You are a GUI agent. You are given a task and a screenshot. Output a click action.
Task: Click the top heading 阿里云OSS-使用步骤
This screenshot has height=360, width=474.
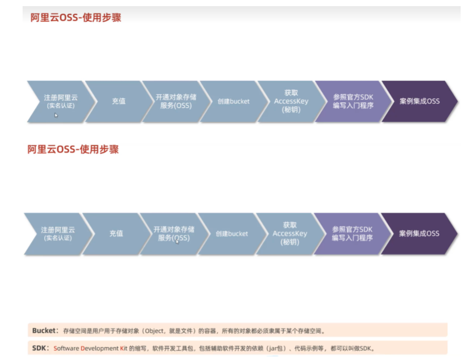pos(75,17)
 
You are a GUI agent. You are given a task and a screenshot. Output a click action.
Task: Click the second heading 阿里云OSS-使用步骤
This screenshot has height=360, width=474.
pos(73,149)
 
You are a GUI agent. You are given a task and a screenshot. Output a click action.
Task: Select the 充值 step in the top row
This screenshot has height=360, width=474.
pos(119,101)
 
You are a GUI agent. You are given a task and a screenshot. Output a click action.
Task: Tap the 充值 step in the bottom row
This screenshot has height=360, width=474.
pos(116,234)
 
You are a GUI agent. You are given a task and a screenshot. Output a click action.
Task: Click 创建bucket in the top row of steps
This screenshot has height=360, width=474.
pos(233,101)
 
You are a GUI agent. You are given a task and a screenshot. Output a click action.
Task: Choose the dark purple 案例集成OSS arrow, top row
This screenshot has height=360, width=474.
pos(420,101)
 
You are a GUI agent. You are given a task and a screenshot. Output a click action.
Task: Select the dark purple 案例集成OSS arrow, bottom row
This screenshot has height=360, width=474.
pos(419,234)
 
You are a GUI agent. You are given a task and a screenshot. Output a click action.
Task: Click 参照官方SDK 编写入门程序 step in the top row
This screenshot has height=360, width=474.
pos(353,101)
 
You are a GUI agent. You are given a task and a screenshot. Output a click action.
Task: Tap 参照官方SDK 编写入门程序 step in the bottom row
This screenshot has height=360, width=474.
pos(352,234)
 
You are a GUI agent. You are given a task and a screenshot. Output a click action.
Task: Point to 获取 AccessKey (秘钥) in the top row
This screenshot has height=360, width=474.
pos(291,101)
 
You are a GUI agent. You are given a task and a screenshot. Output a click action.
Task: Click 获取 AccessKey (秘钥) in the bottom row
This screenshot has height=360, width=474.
pos(290,234)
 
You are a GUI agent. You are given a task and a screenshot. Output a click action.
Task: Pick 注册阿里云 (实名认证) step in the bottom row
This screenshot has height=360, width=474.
pos(58,234)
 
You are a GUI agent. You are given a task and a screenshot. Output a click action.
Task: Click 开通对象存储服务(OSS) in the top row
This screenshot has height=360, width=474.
pos(176,101)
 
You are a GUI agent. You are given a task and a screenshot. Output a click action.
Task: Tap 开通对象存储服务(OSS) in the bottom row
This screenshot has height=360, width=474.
pos(174,234)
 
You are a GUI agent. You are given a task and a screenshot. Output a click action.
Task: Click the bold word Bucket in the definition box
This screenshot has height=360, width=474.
pos(43,331)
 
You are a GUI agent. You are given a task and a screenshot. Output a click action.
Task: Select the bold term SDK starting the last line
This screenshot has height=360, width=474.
pos(39,348)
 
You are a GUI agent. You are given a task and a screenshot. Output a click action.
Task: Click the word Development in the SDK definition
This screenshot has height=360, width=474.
pos(100,348)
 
